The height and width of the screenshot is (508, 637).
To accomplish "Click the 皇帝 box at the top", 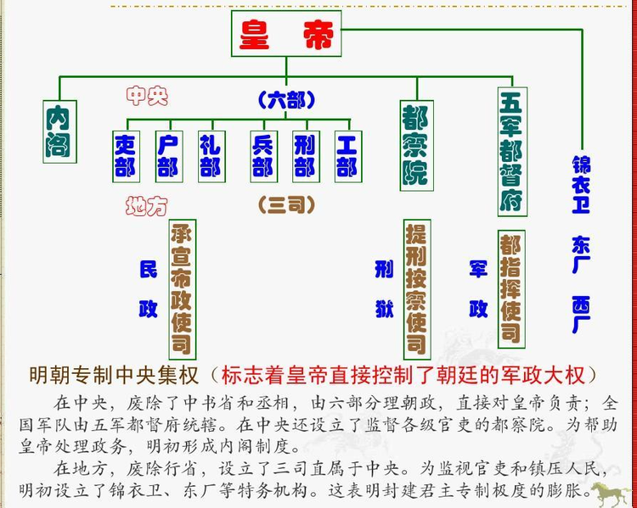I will pos(286,34).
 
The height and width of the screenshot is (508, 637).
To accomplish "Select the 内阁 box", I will pos(58,131).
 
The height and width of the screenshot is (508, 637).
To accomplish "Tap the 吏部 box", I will pos(126,156).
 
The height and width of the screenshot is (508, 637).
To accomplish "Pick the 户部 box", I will pos(168,156).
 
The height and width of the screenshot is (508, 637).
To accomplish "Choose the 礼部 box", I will pos(210,156).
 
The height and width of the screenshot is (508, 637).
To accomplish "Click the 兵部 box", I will pos(263,156).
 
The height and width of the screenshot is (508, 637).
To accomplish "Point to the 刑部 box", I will pos(305,156).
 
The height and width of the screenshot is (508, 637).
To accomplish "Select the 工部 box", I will pos(347,156).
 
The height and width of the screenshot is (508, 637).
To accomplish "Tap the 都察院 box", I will pos(416,144).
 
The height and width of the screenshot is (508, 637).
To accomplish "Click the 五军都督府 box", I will pos(512,152).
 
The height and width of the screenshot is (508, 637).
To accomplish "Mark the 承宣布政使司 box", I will pos(182,288).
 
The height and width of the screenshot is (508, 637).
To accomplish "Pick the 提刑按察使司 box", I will pos(416,288).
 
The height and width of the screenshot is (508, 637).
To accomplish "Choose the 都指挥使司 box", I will pos(510,288).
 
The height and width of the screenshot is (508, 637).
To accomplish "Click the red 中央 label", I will pos(147,96).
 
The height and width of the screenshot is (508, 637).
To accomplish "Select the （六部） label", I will pos(286,100).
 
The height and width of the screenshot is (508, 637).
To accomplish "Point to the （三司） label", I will pos(286,204).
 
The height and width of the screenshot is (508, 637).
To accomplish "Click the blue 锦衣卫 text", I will pos(581,182).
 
